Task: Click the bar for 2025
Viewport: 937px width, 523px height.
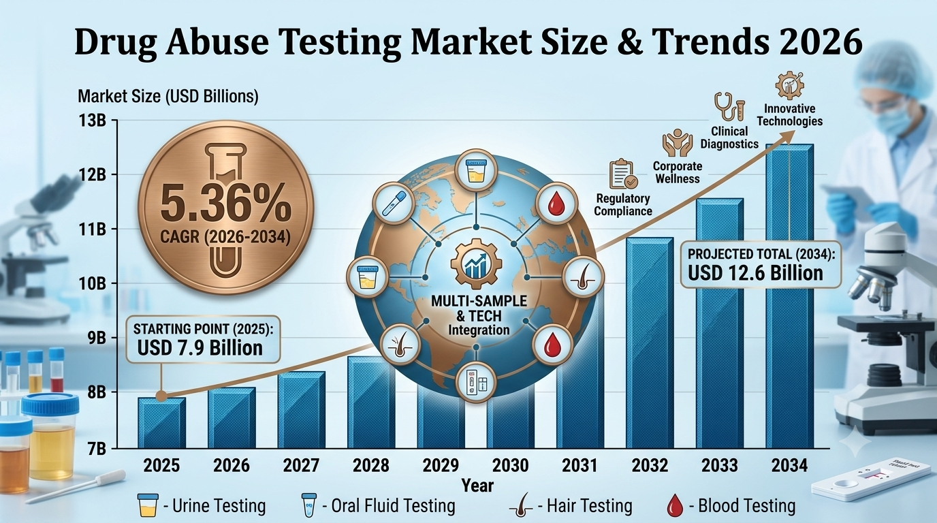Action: point(162,423)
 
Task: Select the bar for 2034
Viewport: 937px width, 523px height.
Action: point(790,296)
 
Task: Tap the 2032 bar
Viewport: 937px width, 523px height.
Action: point(650,343)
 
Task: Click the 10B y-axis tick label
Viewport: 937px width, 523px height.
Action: point(92,284)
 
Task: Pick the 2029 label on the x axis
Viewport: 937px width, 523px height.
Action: point(441,465)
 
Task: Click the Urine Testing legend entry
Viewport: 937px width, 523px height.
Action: point(202,506)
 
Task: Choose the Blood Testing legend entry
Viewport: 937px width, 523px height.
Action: point(730,506)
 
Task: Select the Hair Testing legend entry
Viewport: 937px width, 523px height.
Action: point(571,506)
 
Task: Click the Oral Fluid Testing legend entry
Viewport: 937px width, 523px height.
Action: point(378,506)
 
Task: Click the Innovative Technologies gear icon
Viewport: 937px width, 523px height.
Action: point(789,86)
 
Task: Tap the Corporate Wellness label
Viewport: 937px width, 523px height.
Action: point(678,172)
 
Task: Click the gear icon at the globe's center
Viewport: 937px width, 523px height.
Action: point(476,264)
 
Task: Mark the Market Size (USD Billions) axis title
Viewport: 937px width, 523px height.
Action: point(168,97)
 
